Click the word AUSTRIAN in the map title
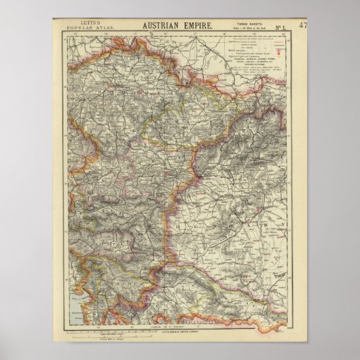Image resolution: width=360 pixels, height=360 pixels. coord(161,25)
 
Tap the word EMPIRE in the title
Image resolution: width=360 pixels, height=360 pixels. coord(199,25)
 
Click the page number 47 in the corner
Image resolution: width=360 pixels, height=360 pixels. coord(303,26)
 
